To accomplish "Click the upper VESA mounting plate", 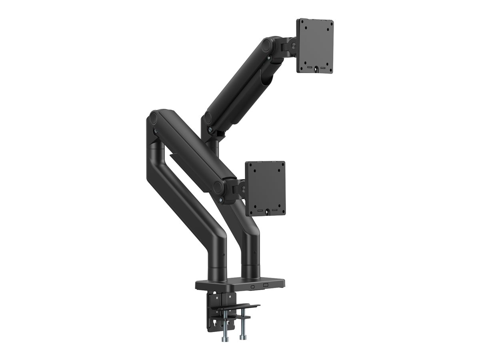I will click(315, 46).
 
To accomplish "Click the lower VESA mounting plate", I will click(265, 188).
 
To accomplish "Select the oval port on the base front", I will click(253, 286).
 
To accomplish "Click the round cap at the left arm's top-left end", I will click(153, 118).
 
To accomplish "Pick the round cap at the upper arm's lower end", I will click(208, 118).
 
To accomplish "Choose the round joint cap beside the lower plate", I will click(219, 187).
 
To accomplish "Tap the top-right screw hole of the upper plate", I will click(328, 24).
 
